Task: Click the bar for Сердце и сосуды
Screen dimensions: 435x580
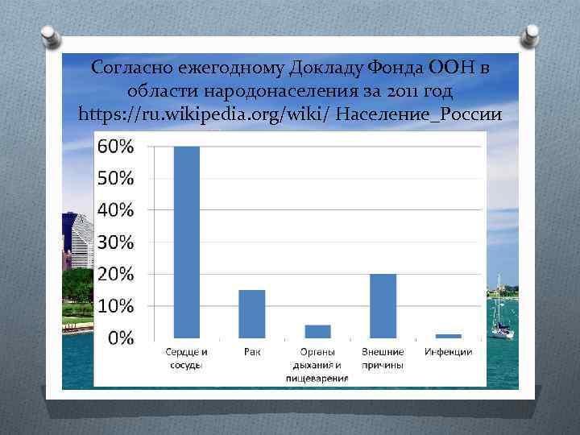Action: [x=187, y=242]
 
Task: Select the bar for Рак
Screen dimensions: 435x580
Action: [x=252, y=314]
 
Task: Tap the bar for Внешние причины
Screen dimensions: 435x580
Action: [x=383, y=306]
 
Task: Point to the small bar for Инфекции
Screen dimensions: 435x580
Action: [x=448, y=335]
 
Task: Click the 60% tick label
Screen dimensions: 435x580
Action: [x=116, y=147]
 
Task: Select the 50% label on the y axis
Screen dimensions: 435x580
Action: [x=116, y=178]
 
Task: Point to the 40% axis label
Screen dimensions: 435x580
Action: [x=116, y=210]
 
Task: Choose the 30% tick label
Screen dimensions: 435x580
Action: [x=116, y=242]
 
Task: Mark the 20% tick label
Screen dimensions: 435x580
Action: [x=116, y=274]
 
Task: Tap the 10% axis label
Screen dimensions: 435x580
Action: [x=116, y=306]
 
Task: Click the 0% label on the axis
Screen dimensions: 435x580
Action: [x=121, y=338]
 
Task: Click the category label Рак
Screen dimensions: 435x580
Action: [x=252, y=353]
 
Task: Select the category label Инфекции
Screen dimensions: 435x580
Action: [x=448, y=353]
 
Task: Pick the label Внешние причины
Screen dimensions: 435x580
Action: [x=383, y=358]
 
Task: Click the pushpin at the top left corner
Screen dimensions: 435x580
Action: [x=49, y=37]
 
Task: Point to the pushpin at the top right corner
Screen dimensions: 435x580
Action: [x=531, y=35]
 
